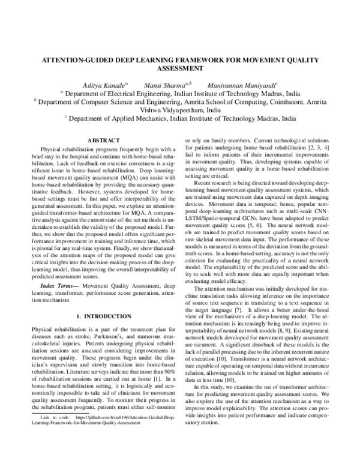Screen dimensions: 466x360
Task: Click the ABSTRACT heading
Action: click(104, 141)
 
